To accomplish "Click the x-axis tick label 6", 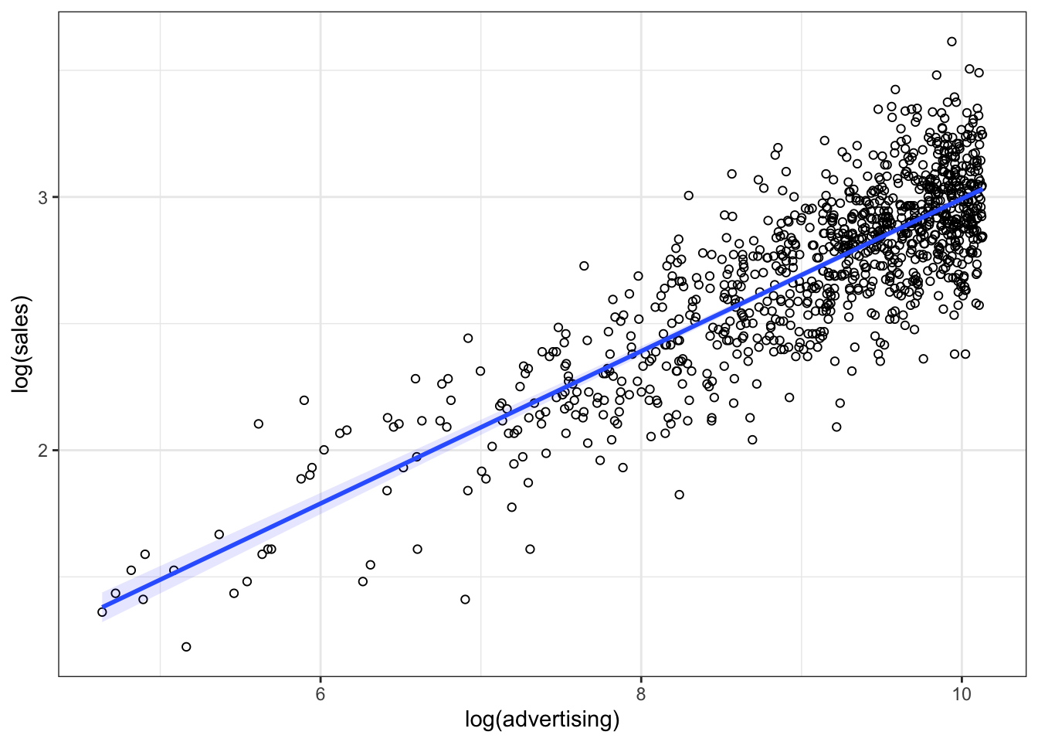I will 320,694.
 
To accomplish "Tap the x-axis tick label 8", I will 641,694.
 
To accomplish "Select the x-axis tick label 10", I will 961,694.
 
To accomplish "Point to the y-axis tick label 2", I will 43,451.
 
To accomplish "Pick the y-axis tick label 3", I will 43,198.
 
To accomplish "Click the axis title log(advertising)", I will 542,720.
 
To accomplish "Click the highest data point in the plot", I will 951,42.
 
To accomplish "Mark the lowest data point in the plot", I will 186,647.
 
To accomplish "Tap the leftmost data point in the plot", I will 102,612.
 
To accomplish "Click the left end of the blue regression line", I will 103,608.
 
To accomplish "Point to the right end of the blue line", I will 982,188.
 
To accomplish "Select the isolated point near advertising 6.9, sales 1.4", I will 465,599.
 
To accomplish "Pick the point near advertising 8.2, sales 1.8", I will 679,495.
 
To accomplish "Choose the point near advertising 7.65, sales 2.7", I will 584,266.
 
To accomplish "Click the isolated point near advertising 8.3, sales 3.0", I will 688,196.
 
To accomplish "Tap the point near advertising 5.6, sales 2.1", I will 259,424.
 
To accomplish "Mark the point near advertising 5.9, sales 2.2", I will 304,400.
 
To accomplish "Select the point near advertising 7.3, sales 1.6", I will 530,549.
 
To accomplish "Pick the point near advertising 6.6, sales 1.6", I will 417,549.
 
